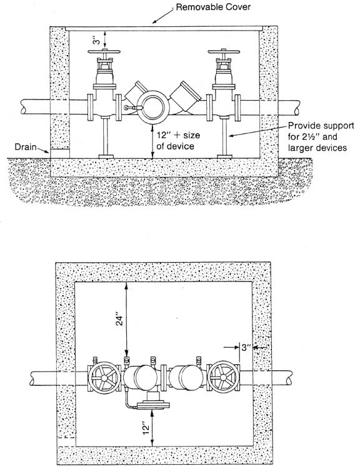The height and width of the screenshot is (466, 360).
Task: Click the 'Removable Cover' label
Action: (213, 7)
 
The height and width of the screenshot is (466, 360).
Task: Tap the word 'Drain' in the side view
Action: (26, 147)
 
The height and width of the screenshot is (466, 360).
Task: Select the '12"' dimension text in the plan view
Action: (145, 428)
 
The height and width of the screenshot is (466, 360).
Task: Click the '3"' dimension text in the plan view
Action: (246, 347)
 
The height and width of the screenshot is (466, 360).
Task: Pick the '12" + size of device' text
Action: (178, 141)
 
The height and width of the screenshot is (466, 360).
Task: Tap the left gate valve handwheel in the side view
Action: (104, 51)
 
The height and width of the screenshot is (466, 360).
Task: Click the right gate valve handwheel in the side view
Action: (224, 52)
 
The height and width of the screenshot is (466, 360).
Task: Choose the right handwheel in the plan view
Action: (223, 377)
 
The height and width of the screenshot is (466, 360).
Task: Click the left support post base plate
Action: (106, 156)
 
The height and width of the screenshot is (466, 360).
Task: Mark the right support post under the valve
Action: (224, 136)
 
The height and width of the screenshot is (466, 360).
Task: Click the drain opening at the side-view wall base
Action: (60, 154)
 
